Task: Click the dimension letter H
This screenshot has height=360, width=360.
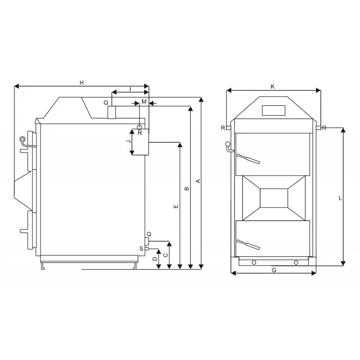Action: click(81, 83)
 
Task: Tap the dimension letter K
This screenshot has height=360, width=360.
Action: click(273, 86)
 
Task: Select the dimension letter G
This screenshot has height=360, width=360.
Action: click(274, 270)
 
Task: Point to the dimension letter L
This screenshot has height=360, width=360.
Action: click(341, 198)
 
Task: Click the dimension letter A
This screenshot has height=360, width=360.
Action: click(198, 181)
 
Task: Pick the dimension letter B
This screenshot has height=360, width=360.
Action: click(187, 189)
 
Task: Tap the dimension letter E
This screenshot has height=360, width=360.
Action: click(176, 207)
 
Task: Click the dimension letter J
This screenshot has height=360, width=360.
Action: click(129, 141)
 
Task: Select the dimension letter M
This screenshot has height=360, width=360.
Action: click(144, 102)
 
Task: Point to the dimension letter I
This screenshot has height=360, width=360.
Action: click(130, 89)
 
